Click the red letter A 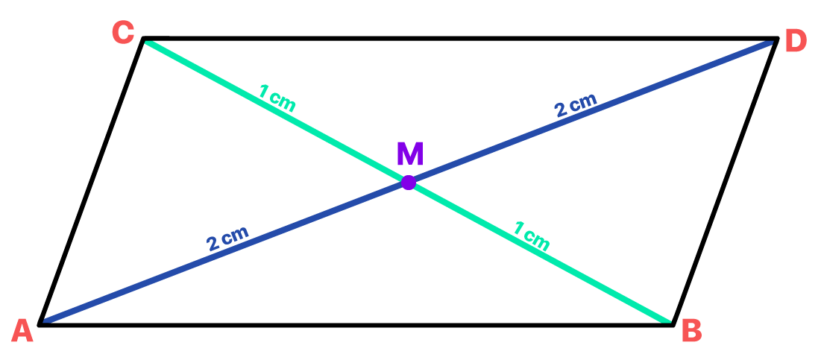pos(22,331)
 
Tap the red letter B pos(692,331)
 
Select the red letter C pos(123,33)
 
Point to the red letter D pos(796,42)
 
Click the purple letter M pos(410,154)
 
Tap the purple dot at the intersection pos(408,183)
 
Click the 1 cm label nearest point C pos(277,98)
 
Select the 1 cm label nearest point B pos(531,236)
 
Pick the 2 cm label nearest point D pos(576,106)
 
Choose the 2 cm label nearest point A pos(227,238)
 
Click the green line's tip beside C pos(148,43)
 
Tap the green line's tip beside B pos(667,321)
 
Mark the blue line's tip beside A pos(46,320)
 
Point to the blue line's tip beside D pos(770,43)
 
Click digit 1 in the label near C pos(263,92)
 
